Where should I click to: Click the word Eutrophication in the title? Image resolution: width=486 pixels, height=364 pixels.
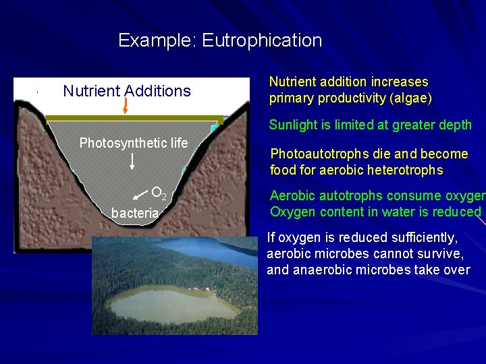coord(262,40)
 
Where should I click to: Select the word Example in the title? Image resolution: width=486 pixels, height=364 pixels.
coord(156,40)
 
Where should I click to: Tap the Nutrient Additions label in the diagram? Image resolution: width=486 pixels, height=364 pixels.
coord(127,91)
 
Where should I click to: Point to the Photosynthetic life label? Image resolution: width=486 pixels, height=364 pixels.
coord(134,143)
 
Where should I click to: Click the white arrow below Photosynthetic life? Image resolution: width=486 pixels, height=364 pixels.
coord(132,160)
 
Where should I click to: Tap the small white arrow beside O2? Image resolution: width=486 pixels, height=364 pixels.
coord(140,195)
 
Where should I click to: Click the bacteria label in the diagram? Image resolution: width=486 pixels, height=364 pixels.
coord(135,213)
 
